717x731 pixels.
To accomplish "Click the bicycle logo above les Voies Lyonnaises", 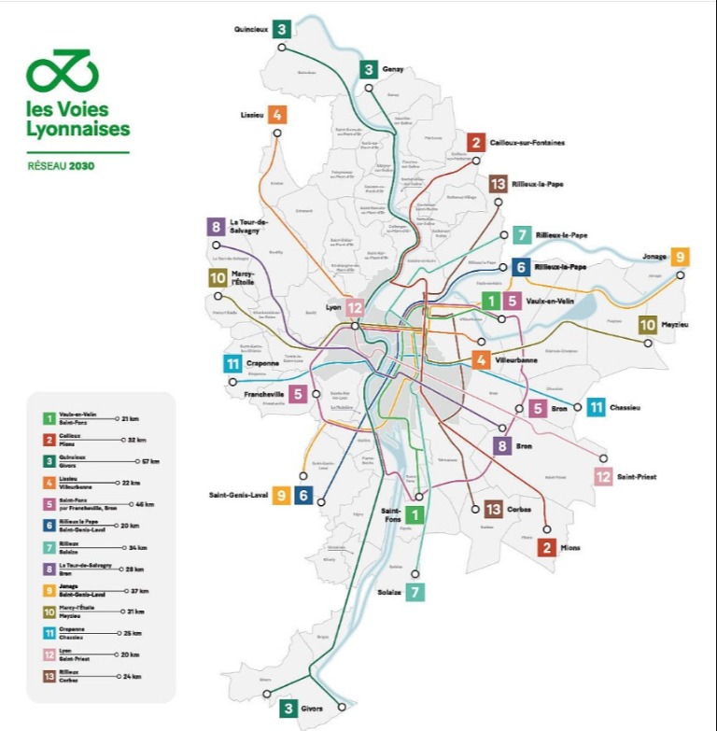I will click(x=62, y=70).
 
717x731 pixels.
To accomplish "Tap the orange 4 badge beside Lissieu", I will click(x=276, y=115).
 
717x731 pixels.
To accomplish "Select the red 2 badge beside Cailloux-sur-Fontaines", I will click(x=476, y=143).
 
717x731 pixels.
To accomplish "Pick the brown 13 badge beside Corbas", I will click(x=494, y=509).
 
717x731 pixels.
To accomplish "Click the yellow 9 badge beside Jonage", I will click(x=680, y=257).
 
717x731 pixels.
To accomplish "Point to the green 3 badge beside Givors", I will click(x=288, y=709).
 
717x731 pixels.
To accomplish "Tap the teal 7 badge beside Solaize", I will click(x=415, y=592).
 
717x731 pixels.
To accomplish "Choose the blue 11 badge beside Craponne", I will click(x=233, y=364).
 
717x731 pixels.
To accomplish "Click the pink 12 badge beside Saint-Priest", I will click(x=603, y=476).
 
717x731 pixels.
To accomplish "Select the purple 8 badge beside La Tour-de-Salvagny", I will click(x=216, y=226).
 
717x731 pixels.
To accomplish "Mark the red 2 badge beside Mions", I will click(x=547, y=548).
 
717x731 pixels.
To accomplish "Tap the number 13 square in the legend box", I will click(x=48, y=676).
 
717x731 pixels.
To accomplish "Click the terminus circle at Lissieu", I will click(x=276, y=134).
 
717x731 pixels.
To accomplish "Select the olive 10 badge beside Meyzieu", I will click(x=648, y=325).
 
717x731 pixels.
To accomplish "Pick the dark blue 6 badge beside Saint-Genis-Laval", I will click(x=303, y=496).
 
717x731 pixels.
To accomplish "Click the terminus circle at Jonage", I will click(x=681, y=275).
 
